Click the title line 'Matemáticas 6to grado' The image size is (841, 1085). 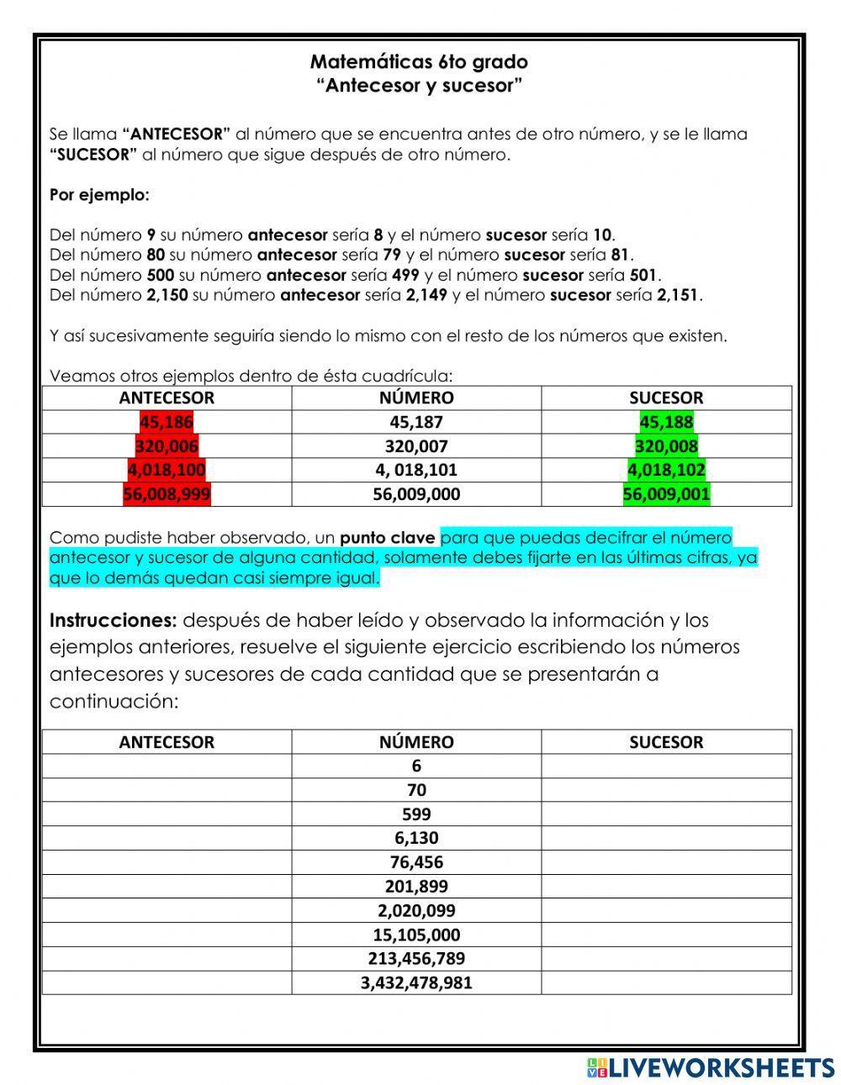(419, 61)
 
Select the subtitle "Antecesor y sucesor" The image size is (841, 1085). (419, 85)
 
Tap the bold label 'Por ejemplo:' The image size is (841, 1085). (99, 195)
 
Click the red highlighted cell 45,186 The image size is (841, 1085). (167, 422)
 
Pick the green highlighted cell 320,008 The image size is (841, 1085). (666, 446)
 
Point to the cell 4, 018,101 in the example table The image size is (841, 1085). (416, 470)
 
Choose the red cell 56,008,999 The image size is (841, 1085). (167, 494)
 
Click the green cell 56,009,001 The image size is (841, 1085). (666, 494)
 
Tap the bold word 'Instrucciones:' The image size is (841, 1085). (113, 620)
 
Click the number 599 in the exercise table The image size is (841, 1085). (416, 814)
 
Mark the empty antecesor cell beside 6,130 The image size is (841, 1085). (167, 838)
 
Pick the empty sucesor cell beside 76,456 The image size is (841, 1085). (666, 862)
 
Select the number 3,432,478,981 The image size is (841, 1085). (416, 982)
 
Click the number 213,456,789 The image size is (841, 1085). (416, 958)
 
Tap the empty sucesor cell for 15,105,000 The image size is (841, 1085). (666, 935)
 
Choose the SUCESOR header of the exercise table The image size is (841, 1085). (666, 742)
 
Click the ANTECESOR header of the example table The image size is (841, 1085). (167, 398)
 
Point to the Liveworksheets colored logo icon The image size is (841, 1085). (597, 1067)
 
